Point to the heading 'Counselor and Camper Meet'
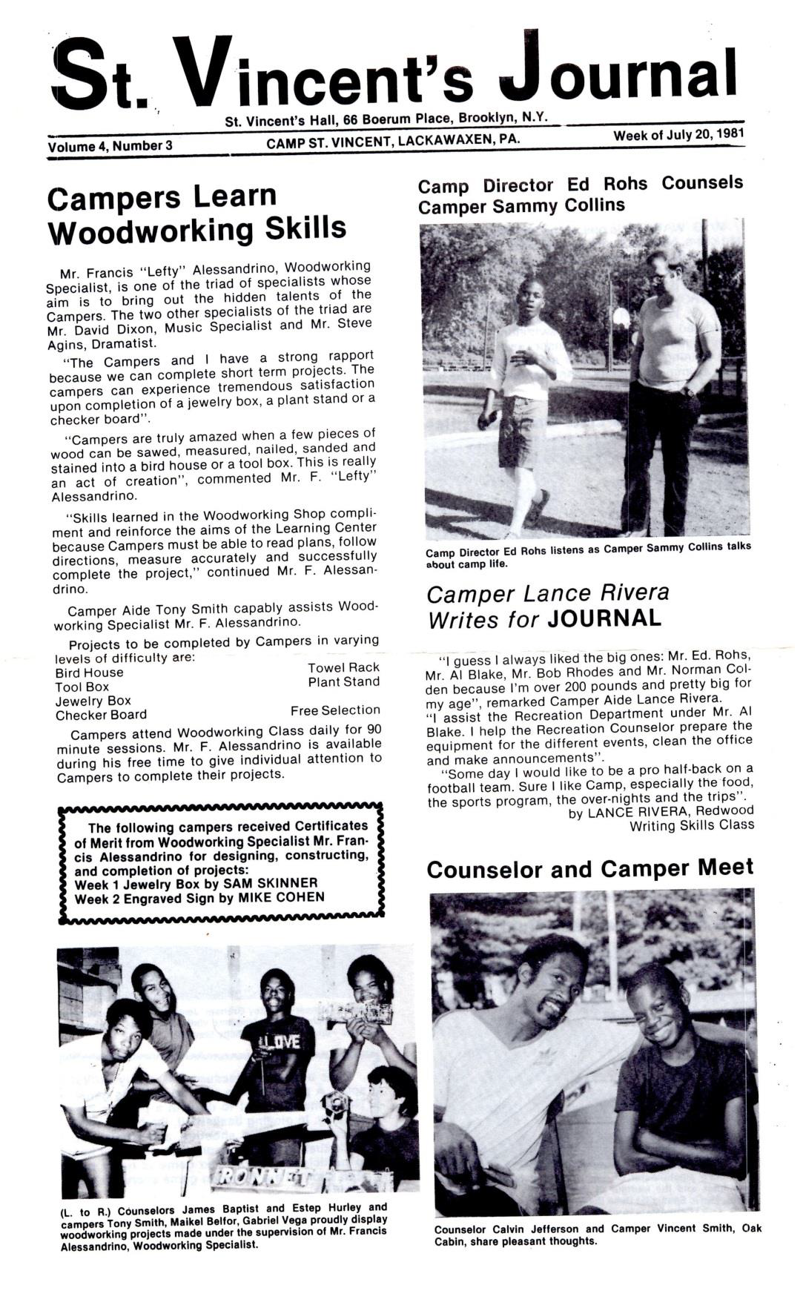coord(590,869)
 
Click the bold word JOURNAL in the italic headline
coord(604,618)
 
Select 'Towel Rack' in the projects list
coord(343,668)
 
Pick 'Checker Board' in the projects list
coord(101,716)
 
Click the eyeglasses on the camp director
coord(656,279)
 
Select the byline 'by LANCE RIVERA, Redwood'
coord(650,812)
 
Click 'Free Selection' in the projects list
coord(335,710)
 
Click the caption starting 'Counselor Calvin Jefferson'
coord(597,1235)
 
